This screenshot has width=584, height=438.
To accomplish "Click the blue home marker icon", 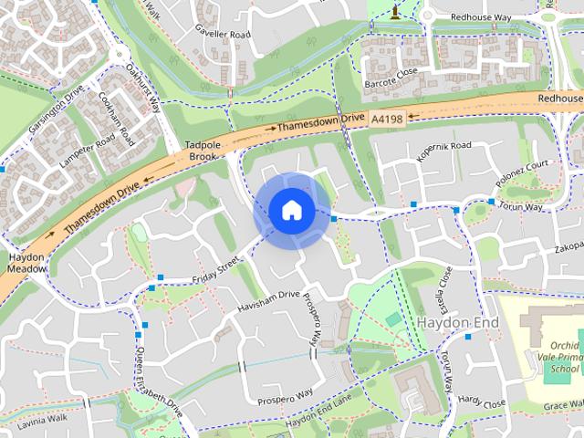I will pos(292,211).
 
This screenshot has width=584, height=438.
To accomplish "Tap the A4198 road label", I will pos(387,119).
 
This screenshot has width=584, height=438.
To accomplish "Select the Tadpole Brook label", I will pos(202,151).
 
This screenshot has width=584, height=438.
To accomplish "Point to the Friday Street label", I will pos(214,270).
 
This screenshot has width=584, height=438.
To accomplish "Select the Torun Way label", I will pos(520,207).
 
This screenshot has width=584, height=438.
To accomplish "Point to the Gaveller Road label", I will pos(222,34).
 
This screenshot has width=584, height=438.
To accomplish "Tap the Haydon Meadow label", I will pos(27,263).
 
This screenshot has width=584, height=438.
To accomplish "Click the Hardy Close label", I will pos(481,401).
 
